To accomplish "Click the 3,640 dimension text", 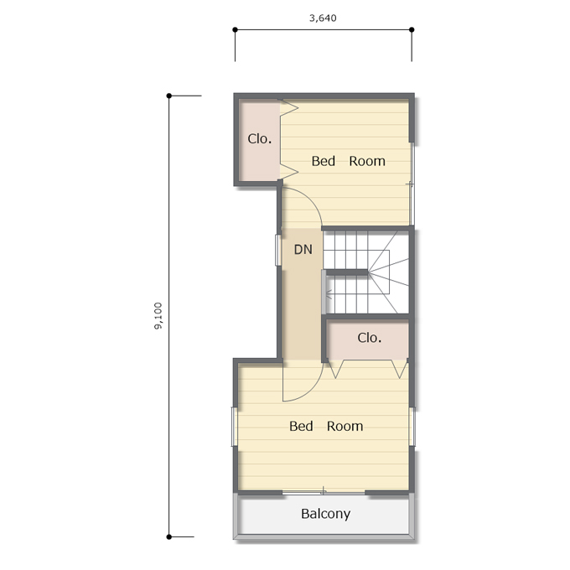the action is pos(323,18).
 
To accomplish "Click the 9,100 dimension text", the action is pos(158,316).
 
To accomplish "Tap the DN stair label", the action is pos(303,250).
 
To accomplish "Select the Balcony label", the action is pos(326,514).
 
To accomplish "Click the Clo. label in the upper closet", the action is pos(260,138).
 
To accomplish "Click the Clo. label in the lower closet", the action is pos(370,338).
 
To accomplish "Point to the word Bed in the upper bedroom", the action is pos(324,161).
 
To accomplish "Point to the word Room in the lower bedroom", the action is pos(345,426).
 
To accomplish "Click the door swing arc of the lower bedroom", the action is pos(312,391).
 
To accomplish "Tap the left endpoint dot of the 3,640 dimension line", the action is pos(236,29).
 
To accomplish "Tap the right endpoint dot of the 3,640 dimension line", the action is pos(412,29).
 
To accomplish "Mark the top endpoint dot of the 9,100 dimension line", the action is pos(169,96).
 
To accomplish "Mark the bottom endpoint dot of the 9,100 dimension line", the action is pos(169,536).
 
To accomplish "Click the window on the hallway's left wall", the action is pos(278,250).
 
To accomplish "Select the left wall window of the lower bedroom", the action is pos(235,427).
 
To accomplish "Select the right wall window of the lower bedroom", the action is pos(412,427).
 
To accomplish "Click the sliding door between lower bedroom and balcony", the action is pos(324,493).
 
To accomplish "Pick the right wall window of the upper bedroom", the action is pos(412,184).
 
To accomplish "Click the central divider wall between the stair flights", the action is pos(347,272).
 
